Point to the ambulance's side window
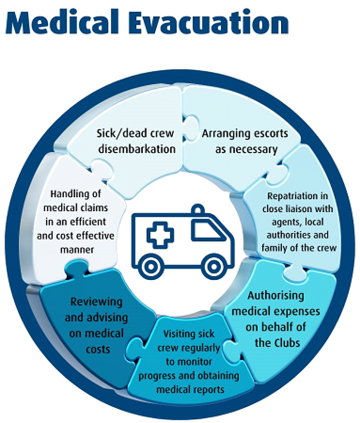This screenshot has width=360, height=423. [x=204, y=231]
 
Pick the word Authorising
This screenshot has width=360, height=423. [x=275, y=296]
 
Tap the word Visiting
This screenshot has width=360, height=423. [x=182, y=334]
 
